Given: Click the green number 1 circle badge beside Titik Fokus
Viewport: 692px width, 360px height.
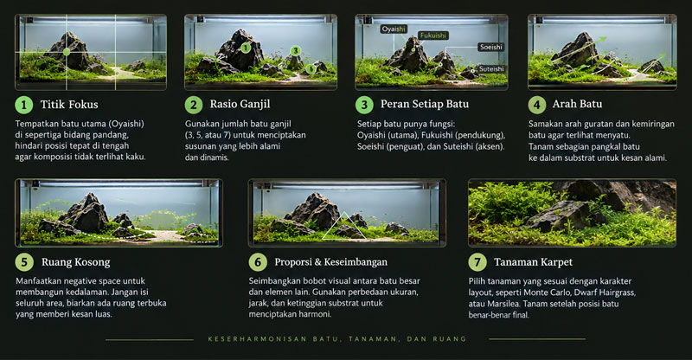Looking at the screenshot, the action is coord(24,105).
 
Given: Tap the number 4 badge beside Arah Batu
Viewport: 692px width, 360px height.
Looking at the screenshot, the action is coord(536,105).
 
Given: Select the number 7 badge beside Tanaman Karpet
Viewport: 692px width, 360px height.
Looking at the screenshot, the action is coord(477,262).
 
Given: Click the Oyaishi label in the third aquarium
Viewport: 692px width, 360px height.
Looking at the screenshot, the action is coord(394,29).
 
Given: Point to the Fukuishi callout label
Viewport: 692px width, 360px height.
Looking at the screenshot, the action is coord(433,35).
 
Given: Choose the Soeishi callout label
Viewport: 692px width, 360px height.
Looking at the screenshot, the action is coord(490,47).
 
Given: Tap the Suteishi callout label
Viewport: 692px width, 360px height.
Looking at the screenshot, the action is coord(491,69).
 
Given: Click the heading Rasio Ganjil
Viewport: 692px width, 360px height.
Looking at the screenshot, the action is coord(240,104).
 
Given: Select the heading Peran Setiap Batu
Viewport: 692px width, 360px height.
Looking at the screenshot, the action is coord(425,104).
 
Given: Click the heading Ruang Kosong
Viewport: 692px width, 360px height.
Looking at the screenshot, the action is coord(76,262).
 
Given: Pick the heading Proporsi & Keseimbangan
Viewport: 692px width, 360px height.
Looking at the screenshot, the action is coord(331,262).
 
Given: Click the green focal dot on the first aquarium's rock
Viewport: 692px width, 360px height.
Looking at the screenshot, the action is coord(67,52).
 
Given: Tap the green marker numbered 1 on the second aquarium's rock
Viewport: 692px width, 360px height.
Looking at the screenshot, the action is coord(247,48).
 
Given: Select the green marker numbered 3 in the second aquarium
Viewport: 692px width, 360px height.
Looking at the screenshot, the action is coord(296,51).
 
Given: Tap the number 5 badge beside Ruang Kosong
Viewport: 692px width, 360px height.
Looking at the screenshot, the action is coord(24,262).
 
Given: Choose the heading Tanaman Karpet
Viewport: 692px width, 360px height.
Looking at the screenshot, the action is coord(533,262).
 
